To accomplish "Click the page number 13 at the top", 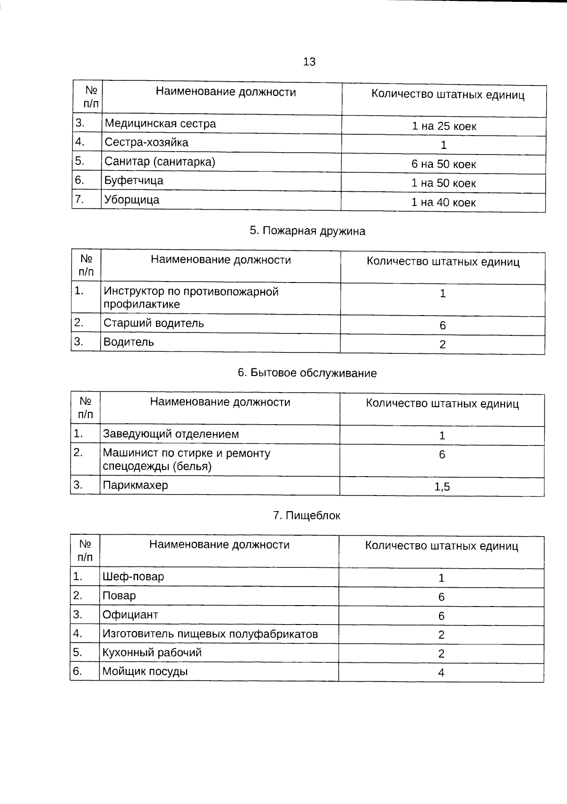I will pyautogui.click(x=309, y=62).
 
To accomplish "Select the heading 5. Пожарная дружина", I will pyautogui.click(x=307, y=231).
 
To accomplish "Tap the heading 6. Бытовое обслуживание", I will pyautogui.click(x=307, y=373).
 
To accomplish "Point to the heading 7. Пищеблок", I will pyautogui.click(x=306, y=515).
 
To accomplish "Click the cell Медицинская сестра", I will pyautogui.click(x=160, y=124).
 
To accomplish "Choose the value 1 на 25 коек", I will pyautogui.click(x=444, y=127).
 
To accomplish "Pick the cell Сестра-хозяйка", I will pyautogui.click(x=146, y=143).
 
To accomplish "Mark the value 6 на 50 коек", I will pyautogui.click(x=444, y=164).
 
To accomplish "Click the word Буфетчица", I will pyautogui.click(x=134, y=180).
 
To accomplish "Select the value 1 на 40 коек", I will pyautogui.click(x=443, y=203).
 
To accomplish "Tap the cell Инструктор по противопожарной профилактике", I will pyautogui.click(x=191, y=298).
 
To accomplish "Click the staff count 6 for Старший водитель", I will pyautogui.click(x=443, y=325).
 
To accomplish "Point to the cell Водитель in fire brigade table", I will pyautogui.click(x=129, y=342).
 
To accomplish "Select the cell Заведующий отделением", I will pyautogui.click(x=171, y=434).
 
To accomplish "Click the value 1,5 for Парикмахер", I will pyautogui.click(x=442, y=487).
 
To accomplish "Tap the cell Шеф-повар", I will pyautogui.click(x=133, y=577).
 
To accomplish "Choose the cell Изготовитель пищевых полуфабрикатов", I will pyautogui.click(x=210, y=634).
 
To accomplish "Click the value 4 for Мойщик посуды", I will pyautogui.click(x=441, y=673).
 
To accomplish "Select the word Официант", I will pyautogui.click(x=130, y=615).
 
